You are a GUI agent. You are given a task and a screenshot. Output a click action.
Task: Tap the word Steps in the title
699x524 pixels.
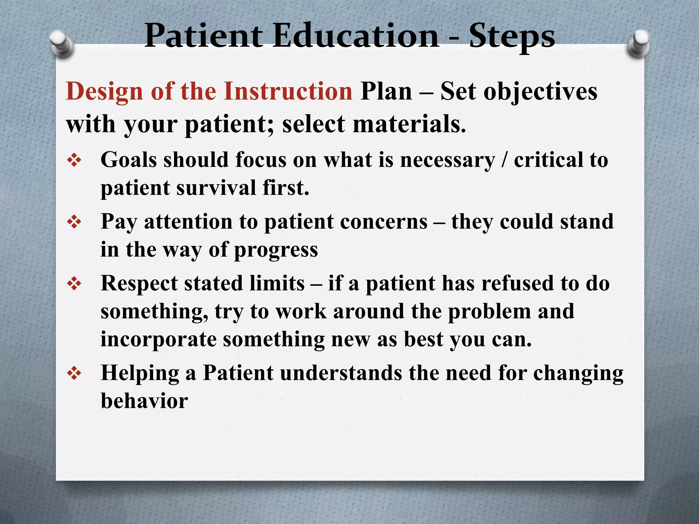pos(512,37)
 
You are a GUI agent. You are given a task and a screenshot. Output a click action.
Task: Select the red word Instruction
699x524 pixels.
pos(288,91)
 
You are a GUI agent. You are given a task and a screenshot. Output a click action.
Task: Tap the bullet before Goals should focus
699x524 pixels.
pos(74,160)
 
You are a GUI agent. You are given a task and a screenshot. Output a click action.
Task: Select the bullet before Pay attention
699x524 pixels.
pos(74,222)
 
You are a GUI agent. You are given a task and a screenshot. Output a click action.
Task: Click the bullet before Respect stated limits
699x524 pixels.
pos(74,284)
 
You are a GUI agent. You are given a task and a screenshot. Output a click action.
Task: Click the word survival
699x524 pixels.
pos(216,188)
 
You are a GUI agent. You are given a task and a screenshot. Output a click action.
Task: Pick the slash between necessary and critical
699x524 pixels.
pos(504,160)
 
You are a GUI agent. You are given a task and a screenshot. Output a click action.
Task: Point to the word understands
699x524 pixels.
pos(341,373)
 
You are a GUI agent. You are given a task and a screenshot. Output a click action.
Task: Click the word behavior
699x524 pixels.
pos(144,401)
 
